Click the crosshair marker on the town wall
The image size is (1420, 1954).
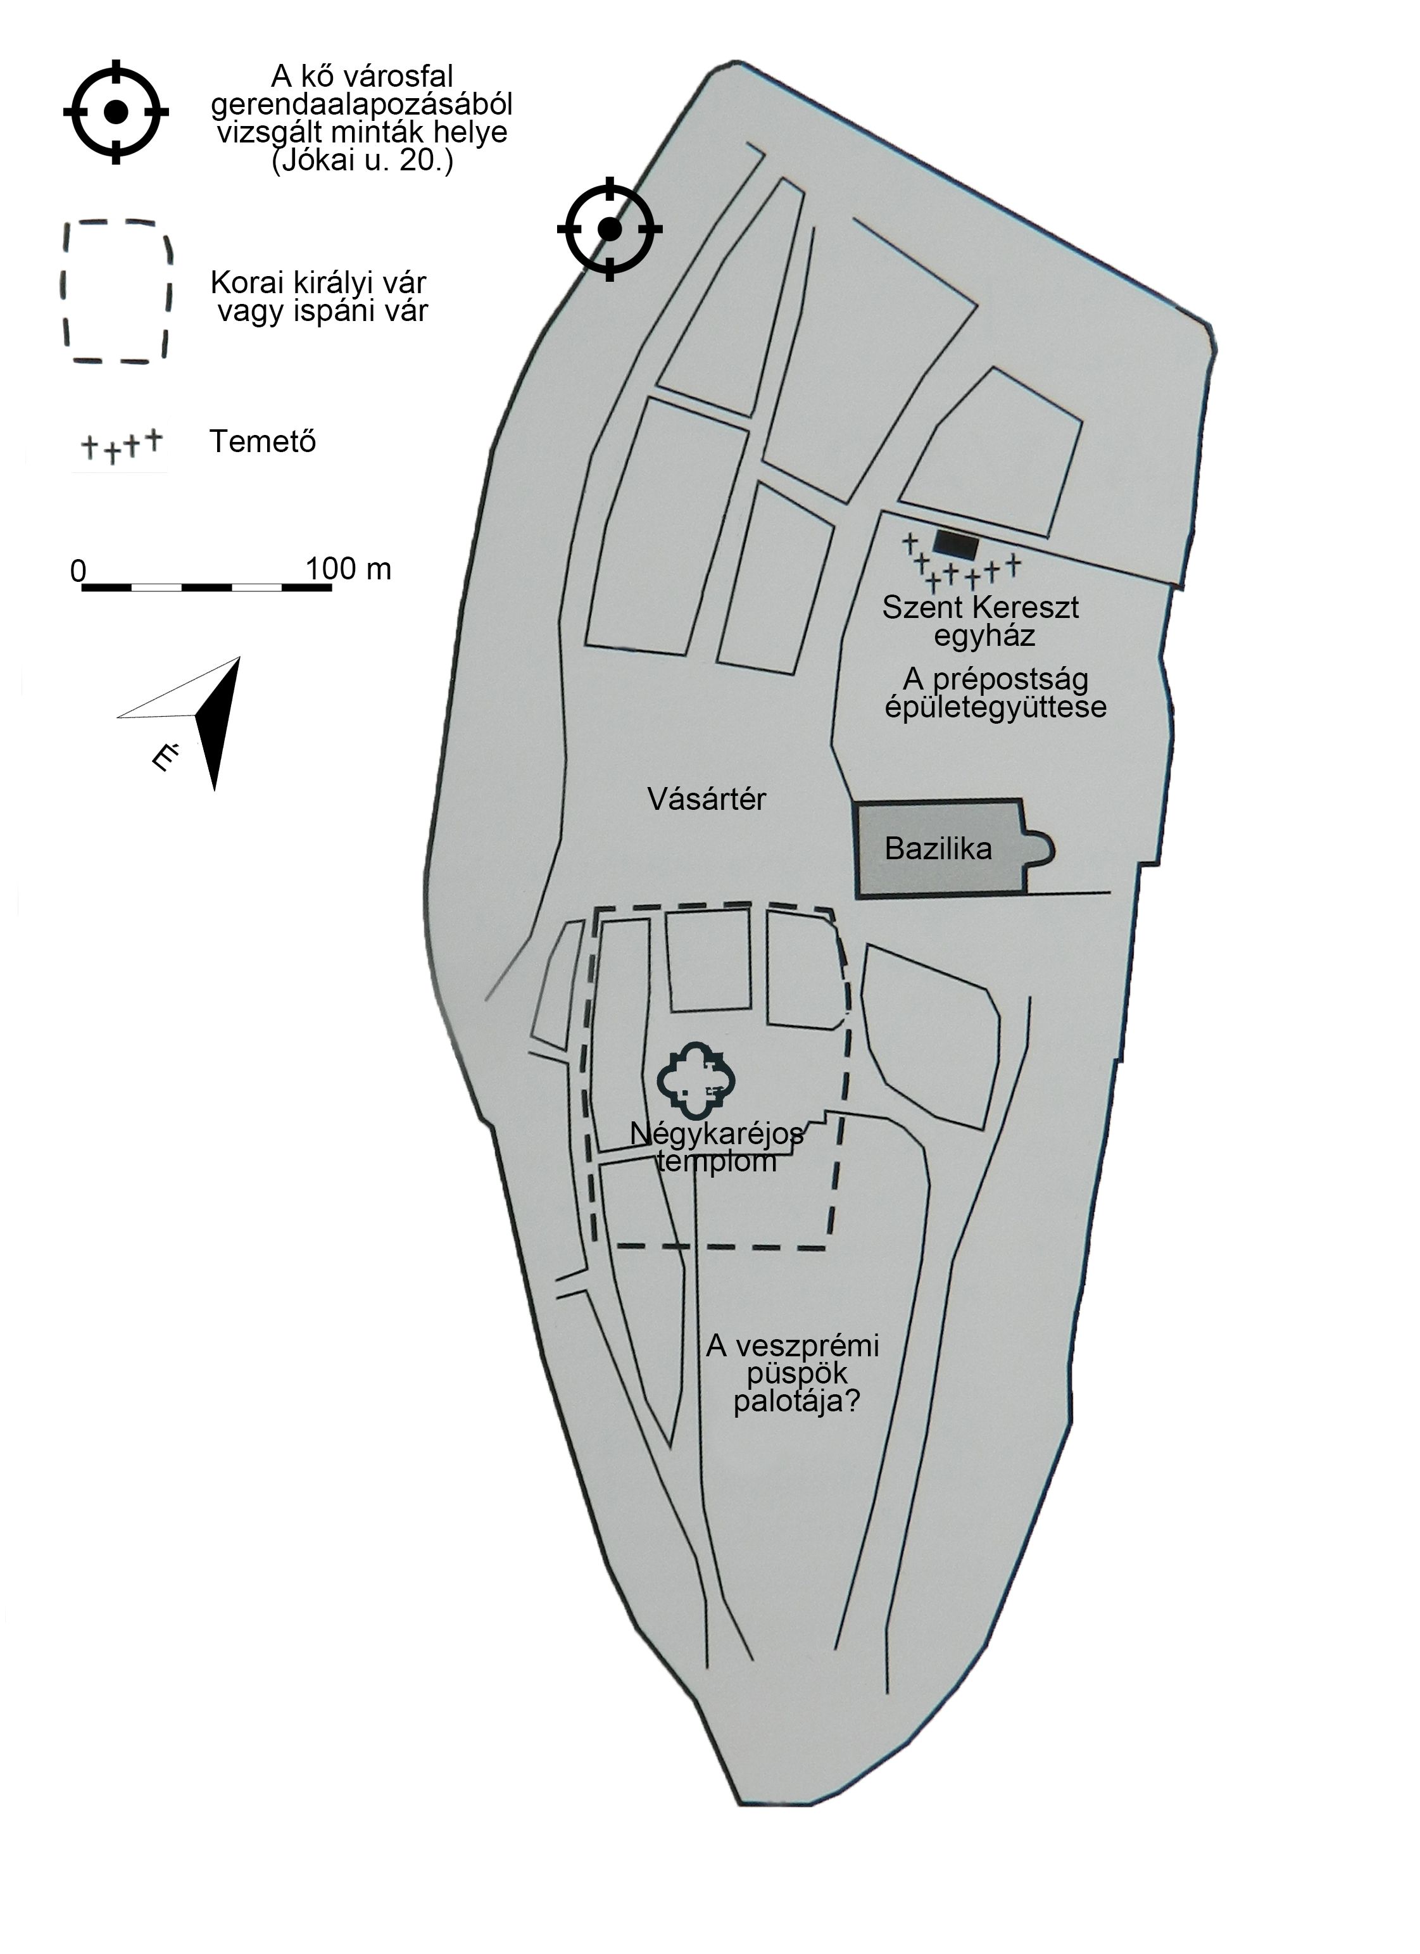pos(609,229)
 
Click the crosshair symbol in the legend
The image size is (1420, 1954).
pos(115,111)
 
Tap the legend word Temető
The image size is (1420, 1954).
pos(263,441)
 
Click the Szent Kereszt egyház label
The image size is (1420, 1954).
pos(981,621)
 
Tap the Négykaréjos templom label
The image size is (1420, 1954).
pos(717,1147)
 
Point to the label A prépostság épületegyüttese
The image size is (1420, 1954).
pos(996,693)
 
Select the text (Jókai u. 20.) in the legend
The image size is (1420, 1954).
pos(362,161)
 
